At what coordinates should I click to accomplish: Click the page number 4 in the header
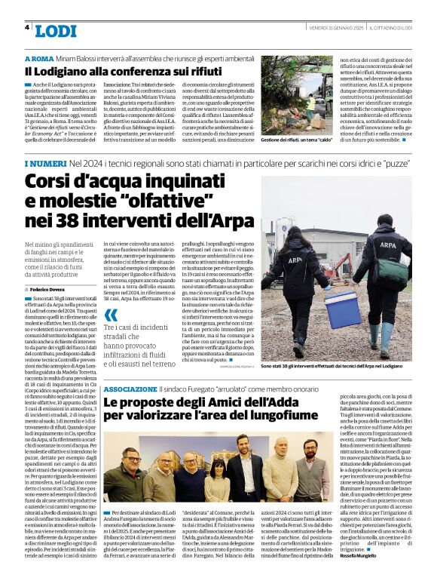pyautogui.click(x=28, y=27)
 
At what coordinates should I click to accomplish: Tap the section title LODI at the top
pyautogui.click(x=56, y=31)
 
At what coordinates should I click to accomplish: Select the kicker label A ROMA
pyautogui.click(x=38, y=58)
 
